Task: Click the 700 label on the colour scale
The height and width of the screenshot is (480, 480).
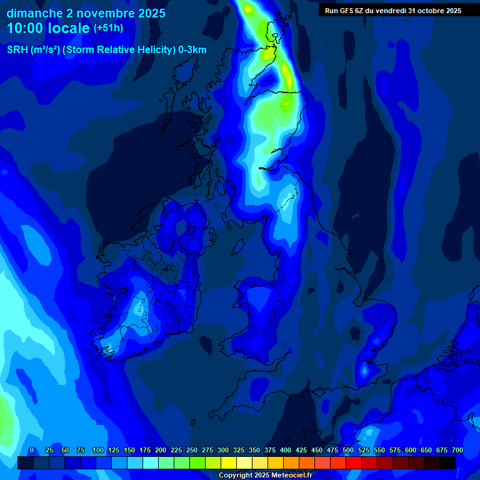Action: coord(457,450)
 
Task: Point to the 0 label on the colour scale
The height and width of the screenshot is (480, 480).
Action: coord(31,450)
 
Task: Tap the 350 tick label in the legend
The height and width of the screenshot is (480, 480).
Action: coord(254,450)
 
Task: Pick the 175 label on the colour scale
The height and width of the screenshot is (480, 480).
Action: coord(145,450)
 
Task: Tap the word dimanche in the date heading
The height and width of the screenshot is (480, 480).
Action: coord(35,12)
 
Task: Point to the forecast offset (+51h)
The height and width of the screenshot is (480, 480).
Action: coord(108,28)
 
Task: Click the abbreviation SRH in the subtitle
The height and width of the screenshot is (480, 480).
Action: coord(17,50)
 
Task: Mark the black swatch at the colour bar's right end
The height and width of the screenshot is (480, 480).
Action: coord(447,462)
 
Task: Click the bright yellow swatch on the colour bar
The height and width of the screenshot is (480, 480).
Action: coord(229,462)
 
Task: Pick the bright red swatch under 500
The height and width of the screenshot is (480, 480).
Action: coord(338,462)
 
